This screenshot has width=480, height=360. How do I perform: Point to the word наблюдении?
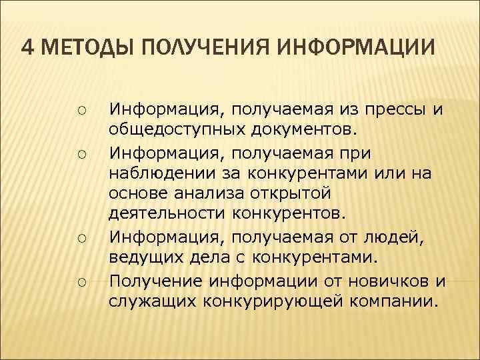(159, 175)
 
